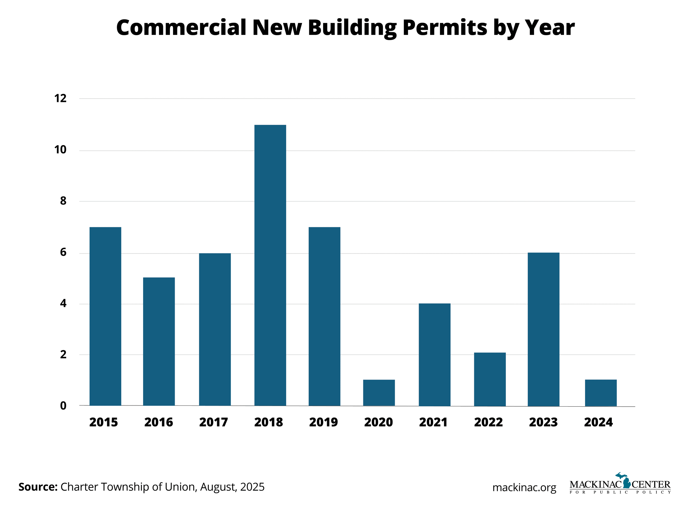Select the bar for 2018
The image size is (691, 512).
(270, 265)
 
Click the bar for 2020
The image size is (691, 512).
(379, 392)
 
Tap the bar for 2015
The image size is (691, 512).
(105, 316)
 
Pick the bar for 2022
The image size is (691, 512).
(489, 379)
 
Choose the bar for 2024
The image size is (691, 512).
(601, 392)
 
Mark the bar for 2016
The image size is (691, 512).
(159, 341)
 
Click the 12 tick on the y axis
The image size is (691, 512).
(60, 98)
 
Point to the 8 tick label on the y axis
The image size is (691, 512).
(63, 201)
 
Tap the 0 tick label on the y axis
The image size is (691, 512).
(63, 406)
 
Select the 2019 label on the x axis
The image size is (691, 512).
(323, 422)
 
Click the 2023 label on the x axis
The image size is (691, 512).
(543, 422)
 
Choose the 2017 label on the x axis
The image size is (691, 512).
(214, 422)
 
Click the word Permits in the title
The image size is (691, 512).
(445, 28)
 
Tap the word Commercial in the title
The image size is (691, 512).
(181, 27)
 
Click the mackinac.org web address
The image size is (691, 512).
(524, 488)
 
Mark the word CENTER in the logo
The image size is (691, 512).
(651, 484)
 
